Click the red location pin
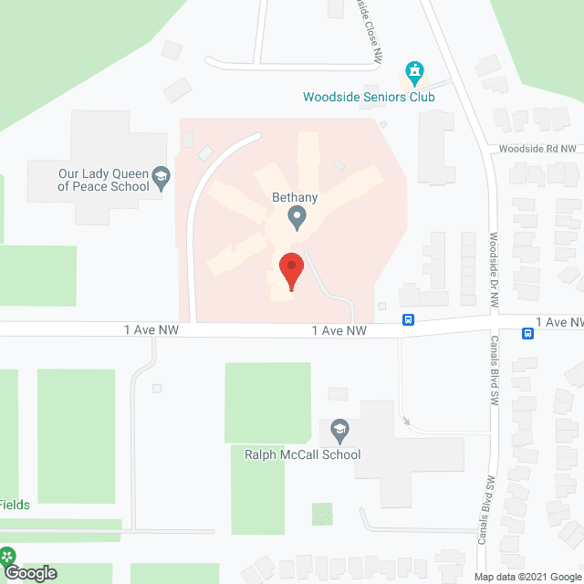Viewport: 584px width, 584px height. coord(291,270)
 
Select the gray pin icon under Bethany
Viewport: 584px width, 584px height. coord(296,218)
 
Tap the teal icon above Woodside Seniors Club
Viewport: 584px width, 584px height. coord(415,71)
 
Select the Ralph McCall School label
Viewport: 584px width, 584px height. coord(302,454)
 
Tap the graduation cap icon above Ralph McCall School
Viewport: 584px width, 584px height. coord(339,429)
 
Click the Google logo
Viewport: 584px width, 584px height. coord(29,573)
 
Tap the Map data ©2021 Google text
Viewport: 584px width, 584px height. coord(527,576)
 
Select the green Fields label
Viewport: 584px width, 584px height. coord(15,505)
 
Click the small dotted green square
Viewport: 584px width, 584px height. coord(322,514)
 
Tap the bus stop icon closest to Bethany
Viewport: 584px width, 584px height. coord(409,319)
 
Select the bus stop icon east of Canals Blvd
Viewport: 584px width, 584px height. coord(527,333)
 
